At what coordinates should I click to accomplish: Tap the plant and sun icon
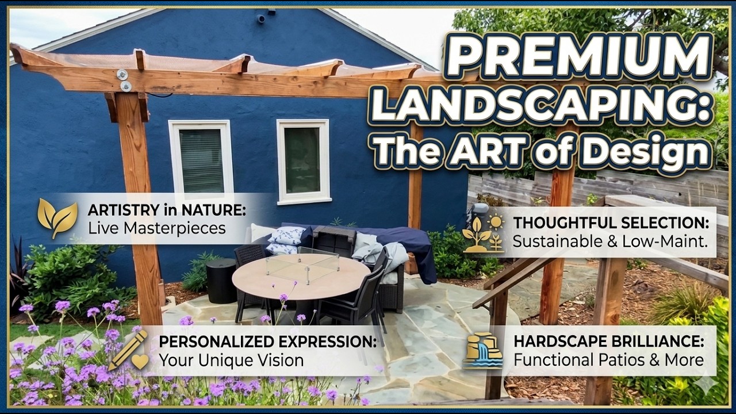pos(483,233)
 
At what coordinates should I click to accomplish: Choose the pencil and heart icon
pos(128,351)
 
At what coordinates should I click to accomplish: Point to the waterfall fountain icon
pos(483,351)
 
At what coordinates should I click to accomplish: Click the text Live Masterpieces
pos(156,228)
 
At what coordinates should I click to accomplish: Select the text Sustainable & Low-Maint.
pos(609,241)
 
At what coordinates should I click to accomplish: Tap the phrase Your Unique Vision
pos(231,361)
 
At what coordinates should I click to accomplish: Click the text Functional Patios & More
pos(608,361)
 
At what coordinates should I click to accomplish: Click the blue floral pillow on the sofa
pos(287,235)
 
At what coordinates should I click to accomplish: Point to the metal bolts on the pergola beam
pos(124,80)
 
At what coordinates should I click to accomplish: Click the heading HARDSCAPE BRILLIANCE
pos(609,341)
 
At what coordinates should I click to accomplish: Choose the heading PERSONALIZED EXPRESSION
pos(268,341)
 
